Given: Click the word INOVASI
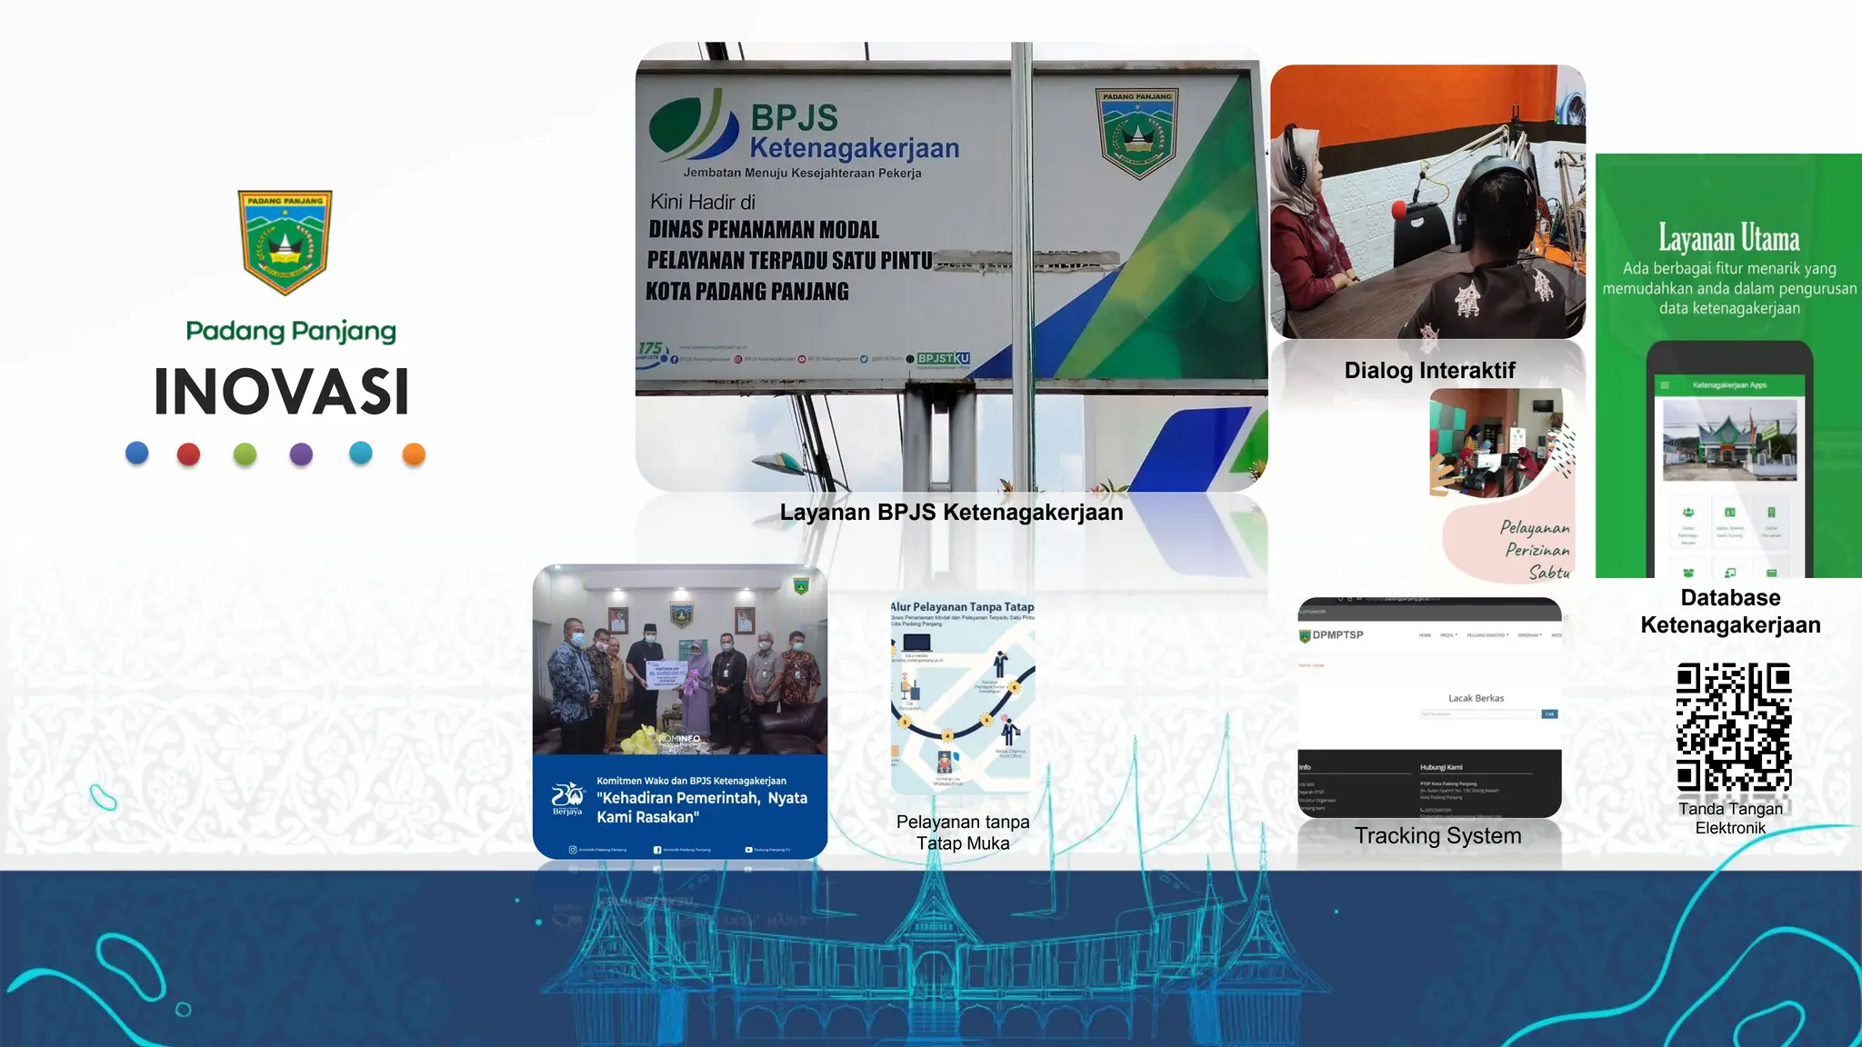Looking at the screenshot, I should coord(282,393).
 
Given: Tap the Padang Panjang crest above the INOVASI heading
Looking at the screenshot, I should coord(285,242).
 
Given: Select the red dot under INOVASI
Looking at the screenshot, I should coord(188,454).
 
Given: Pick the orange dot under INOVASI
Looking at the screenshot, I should coord(414,454).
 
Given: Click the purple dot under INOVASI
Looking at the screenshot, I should coord(301,454).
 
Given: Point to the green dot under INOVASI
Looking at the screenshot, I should coord(245,454).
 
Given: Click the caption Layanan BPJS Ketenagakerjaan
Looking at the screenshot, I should coord(951,513).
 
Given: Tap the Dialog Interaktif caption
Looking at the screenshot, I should coord(1429,370).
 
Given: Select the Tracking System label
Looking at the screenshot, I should coord(1437,835).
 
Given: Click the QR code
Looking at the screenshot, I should coord(1734,726).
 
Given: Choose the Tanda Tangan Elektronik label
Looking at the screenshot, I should coord(1730,818).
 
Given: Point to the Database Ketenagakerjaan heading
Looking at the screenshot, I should coord(1730,611).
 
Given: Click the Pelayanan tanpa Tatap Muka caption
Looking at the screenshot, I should coord(963,833).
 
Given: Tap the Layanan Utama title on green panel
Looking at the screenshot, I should coord(1728,239).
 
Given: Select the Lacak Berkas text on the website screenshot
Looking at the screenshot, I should coord(1476,698).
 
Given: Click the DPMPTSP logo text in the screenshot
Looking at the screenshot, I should coord(1337,635).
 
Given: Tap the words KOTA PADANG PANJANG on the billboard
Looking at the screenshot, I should coord(747,292).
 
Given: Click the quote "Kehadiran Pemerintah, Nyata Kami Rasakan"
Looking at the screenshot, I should coord(701,807).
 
